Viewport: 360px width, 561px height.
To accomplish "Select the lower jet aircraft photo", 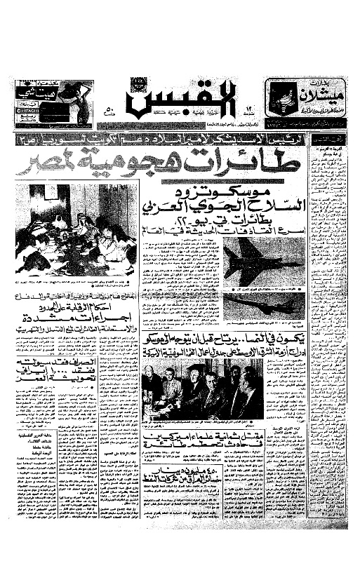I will [263, 302].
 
